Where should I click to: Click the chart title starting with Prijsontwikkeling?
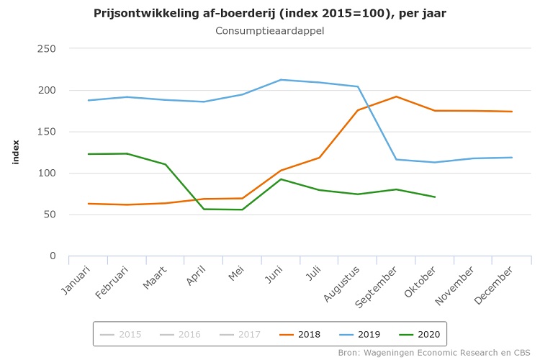[x=270, y=14]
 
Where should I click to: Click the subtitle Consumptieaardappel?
[x=270, y=31]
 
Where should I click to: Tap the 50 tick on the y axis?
[x=50, y=215]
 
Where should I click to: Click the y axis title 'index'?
[x=16, y=152]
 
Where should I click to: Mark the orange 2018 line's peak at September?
[x=396, y=96]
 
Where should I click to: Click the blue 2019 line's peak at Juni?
[x=281, y=80]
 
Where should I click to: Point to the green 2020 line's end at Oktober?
[x=435, y=197]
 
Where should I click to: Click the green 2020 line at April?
[x=204, y=209]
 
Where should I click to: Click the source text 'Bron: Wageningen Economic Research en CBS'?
[x=434, y=353]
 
